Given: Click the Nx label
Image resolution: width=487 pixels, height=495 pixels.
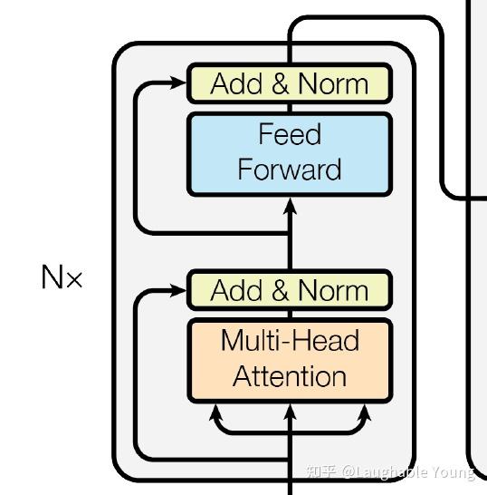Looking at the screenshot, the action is (62, 277).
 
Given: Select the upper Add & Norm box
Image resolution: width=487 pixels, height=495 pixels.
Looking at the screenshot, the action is (290, 83).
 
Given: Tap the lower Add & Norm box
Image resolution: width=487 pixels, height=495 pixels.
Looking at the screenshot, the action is (290, 290).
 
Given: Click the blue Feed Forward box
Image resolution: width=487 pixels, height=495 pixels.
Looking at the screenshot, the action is (290, 154).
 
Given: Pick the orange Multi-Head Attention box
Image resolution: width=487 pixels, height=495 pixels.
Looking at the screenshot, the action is (290, 361).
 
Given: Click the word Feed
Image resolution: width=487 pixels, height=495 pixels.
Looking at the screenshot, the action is (290, 134).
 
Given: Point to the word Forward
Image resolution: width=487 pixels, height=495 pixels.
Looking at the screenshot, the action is (290, 170).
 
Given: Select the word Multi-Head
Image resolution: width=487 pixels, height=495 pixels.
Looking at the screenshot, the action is (290, 340).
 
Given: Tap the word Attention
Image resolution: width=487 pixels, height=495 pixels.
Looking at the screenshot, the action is (290, 376).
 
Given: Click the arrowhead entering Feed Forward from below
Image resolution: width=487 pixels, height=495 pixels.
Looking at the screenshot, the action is (290, 206).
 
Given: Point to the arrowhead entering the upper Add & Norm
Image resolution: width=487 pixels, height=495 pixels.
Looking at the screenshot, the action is (177, 82).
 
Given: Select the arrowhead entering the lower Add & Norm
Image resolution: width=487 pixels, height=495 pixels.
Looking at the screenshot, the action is (177, 290).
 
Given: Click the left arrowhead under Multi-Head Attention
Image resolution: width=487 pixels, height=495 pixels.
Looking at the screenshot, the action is (215, 412).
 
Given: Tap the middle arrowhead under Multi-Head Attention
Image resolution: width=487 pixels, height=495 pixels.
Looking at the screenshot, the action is (290, 412).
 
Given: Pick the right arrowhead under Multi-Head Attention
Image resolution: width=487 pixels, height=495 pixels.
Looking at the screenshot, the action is (365, 412).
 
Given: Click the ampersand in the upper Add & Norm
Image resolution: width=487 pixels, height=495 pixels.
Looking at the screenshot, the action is (280, 83).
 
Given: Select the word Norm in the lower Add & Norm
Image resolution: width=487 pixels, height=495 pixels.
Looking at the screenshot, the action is (333, 290).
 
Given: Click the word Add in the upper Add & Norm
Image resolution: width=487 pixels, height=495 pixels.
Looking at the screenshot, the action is (236, 83).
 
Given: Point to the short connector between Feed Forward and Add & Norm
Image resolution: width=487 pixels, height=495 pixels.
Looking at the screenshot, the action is (290, 108).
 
